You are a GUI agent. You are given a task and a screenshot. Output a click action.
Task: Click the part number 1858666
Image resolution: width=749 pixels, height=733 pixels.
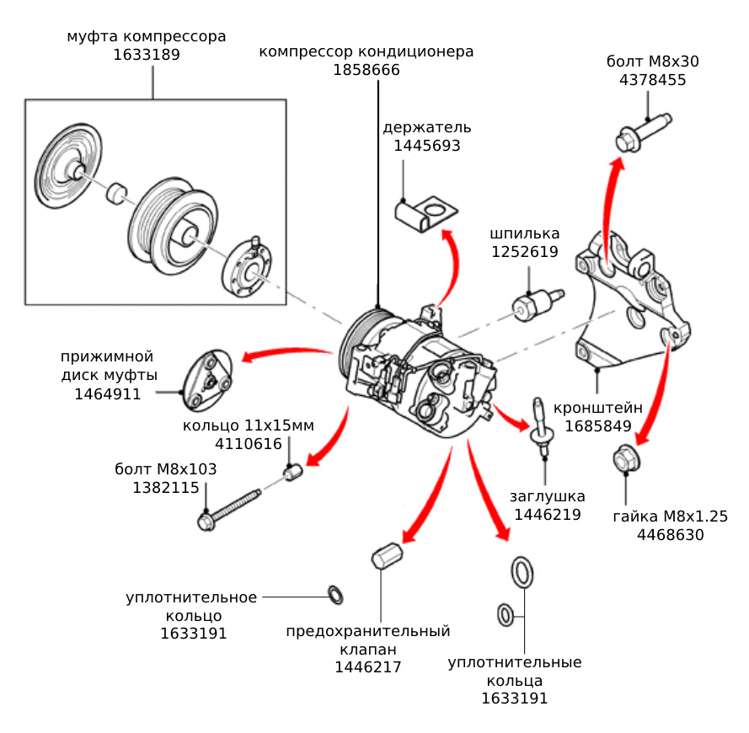366,71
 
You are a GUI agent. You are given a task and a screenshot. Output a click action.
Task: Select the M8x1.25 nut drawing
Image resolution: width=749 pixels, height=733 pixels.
624,459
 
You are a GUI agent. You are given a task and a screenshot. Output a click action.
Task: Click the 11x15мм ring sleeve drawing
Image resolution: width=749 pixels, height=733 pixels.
294,474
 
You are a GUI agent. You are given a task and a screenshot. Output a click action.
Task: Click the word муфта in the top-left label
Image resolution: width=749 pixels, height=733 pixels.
92,37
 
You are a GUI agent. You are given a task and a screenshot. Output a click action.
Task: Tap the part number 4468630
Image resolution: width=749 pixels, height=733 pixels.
670,535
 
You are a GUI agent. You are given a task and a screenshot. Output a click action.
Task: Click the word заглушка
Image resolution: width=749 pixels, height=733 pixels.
547,496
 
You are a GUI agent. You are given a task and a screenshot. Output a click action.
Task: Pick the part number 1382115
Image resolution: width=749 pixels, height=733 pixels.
165,488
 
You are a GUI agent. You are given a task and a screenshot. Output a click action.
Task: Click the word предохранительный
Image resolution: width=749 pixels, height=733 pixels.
368,631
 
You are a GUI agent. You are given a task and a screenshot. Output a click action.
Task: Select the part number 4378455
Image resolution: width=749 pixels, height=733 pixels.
652,81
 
